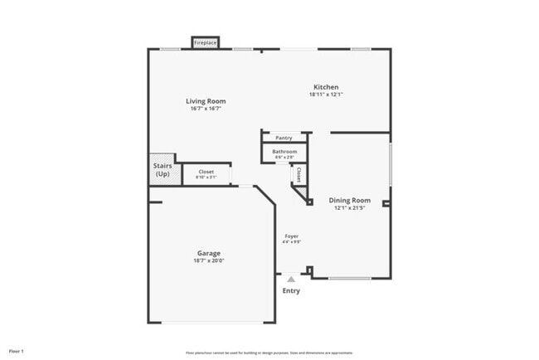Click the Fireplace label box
[205, 42]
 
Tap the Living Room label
[205, 101]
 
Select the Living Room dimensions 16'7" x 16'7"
[205, 109]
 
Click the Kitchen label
[325, 87]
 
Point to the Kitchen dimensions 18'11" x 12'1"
[325, 95]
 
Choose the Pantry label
[284, 138]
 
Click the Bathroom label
[284, 152]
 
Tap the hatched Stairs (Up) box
[163, 170]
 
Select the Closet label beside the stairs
[206, 172]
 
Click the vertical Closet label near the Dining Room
[299, 174]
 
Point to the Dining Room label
[349, 201]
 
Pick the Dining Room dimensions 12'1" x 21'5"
[349, 208]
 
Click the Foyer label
[291, 236]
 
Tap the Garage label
[208, 253]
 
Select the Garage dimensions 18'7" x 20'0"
[208, 260]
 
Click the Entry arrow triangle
[291, 280]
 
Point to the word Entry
[291, 291]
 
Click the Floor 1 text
[17, 351]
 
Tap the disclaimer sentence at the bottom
[269, 352]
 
